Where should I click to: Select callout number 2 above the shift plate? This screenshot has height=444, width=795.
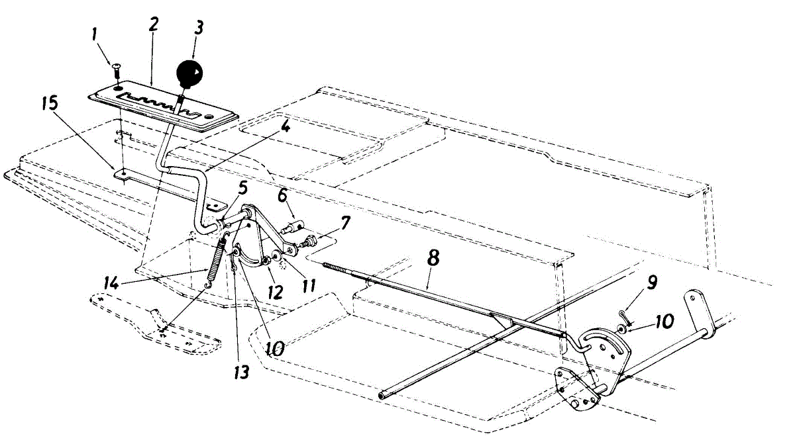[153, 26]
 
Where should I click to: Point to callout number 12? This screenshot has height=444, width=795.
[272, 289]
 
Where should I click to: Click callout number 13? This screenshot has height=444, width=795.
[242, 372]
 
